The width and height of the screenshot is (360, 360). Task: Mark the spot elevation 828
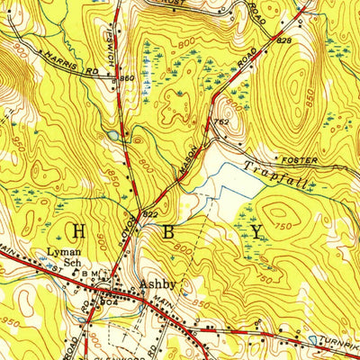pos(284,41)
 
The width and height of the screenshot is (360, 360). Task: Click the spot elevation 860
pos(127,79)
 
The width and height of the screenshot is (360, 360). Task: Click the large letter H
pos(78,232)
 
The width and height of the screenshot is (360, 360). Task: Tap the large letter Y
pos(256,232)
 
